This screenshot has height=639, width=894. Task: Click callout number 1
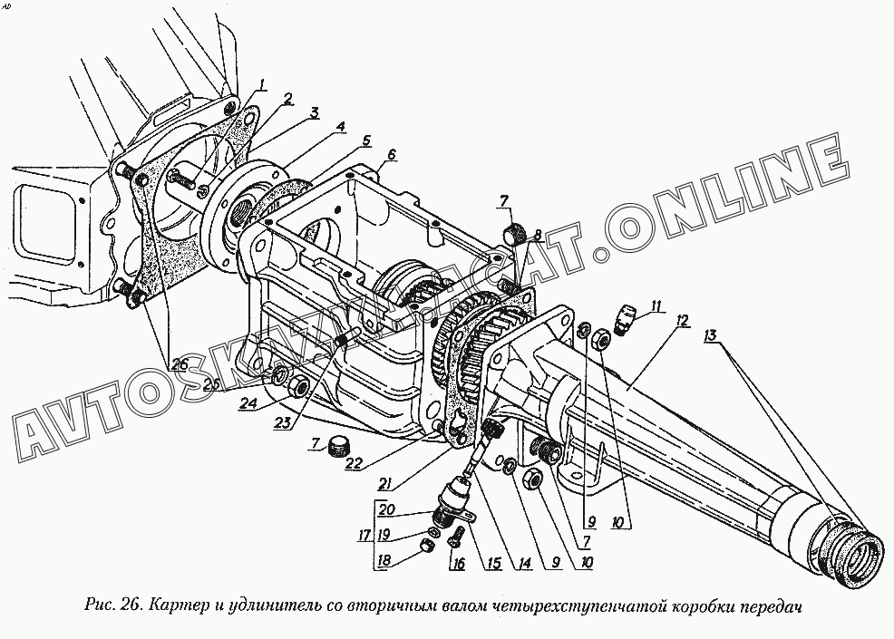(x=260, y=85)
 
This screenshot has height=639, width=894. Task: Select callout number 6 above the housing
(x=392, y=155)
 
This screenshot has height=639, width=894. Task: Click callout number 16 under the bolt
(x=459, y=563)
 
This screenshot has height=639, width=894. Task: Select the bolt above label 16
(x=456, y=536)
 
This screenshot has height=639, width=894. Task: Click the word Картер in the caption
(x=175, y=604)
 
